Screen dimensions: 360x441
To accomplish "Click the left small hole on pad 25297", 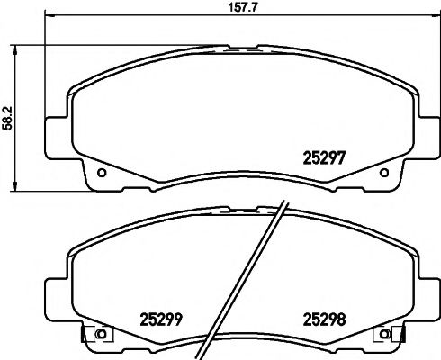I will [102, 173].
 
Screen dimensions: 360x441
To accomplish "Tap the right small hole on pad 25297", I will [384, 173].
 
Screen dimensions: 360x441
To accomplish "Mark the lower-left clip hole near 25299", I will [101, 335].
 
